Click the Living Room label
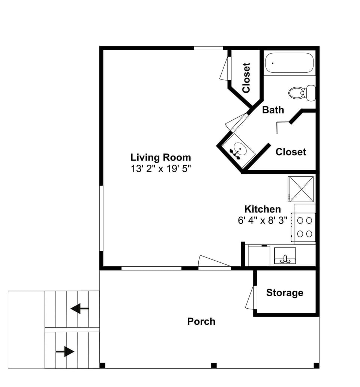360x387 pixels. tap(160, 157)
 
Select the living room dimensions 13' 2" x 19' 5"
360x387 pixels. tap(160, 168)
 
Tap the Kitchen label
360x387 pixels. tap(262, 209)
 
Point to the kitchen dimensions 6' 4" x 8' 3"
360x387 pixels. tap(262, 220)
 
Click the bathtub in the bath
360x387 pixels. tap(289, 63)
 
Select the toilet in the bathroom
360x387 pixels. tap(302, 92)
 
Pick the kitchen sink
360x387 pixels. tap(285, 256)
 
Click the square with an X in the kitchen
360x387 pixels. tap(301, 189)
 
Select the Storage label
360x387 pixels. tap(285, 293)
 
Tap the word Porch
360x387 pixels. tap(201, 321)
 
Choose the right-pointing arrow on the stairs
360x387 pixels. tap(65, 352)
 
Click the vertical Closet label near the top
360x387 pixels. tap(246, 78)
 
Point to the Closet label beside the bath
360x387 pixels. tap(291, 152)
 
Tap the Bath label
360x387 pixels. tap(273, 110)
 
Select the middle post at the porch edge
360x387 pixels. tap(214, 365)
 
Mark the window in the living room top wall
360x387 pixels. tap(208, 48)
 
